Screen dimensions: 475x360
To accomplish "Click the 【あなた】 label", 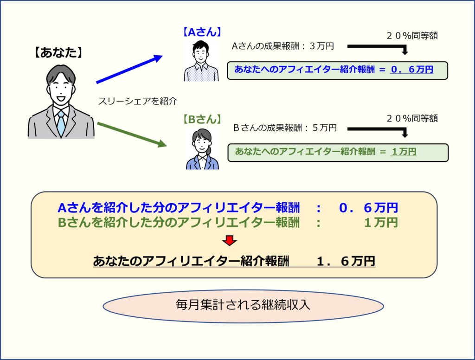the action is (58, 52).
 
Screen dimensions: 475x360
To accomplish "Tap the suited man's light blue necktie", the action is (61, 123).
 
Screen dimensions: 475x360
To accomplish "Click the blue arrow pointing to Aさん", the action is (129, 69).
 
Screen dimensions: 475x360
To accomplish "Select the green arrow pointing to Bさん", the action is (132, 134).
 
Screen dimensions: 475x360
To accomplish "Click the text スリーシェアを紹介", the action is (137, 101).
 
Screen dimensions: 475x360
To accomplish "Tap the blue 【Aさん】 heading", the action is (202, 32).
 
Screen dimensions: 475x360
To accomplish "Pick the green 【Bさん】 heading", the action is (202, 119).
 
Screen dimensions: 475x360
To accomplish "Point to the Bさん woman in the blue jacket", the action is (202, 149).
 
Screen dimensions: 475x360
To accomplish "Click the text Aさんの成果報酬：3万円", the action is (282, 46).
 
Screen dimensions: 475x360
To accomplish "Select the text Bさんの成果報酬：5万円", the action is (285, 128).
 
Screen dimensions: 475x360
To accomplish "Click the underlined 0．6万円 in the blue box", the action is (412, 70).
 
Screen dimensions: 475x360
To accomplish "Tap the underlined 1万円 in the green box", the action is (404, 151).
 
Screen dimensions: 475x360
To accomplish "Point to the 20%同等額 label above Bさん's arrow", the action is (412, 118).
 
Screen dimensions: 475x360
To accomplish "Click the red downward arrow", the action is (229, 241).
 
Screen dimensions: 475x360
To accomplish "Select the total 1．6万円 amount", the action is (346, 261).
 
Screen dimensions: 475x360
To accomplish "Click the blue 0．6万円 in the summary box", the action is (368, 207).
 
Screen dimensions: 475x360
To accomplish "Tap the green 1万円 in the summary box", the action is (381, 222).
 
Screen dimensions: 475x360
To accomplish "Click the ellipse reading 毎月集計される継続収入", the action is (243, 306).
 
